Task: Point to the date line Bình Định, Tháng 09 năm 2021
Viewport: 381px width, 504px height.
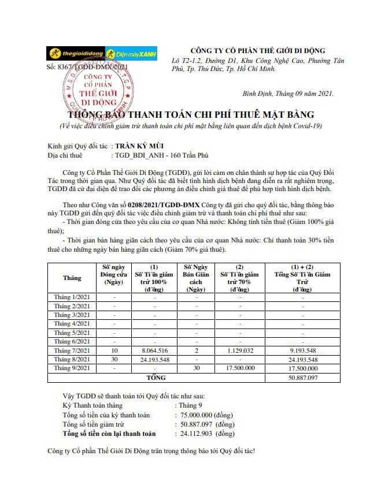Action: (287, 94)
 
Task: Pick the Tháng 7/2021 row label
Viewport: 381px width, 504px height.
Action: (72, 350)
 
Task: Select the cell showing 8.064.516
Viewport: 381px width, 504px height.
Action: (154, 350)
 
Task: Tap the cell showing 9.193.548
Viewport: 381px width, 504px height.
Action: (302, 350)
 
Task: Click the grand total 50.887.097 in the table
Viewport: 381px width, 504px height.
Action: (302, 377)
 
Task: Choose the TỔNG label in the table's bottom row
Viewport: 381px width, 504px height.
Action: (156, 377)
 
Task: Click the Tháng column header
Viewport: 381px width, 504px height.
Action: (72, 278)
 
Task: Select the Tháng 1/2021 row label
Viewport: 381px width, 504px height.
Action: (72, 297)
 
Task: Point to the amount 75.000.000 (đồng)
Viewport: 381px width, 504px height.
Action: (206, 415)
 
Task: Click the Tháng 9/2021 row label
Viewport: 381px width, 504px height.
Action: (72, 368)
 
